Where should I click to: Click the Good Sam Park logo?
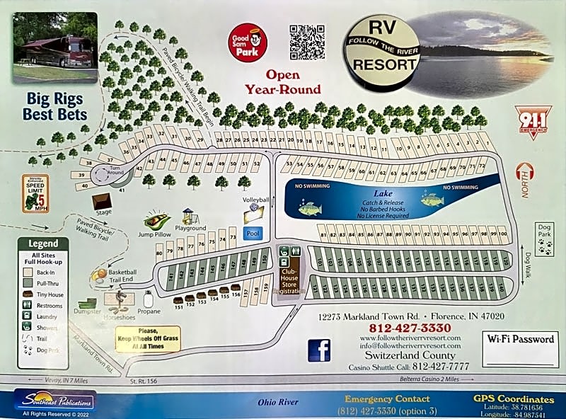(x=247, y=43)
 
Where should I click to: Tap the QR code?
(x=307, y=42)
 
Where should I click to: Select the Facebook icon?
(x=319, y=350)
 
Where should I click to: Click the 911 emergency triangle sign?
(x=532, y=120)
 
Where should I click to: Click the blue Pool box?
(x=253, y=233)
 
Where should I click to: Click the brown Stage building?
(x=103, y=200)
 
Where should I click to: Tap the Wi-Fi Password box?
(x=520, y=349)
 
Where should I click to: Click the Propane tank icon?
(x=148, y=299)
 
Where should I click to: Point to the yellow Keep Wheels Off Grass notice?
(x=147, y=338)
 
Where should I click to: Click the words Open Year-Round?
(x=283, y=82)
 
